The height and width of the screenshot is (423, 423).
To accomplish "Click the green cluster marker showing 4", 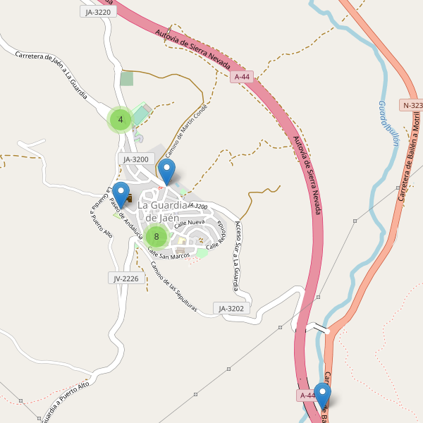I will point(121,120).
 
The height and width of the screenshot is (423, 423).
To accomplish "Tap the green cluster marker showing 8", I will point(157,236).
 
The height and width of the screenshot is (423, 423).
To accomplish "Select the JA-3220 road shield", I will point(97,12).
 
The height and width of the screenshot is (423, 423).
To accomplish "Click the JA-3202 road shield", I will point(231,308).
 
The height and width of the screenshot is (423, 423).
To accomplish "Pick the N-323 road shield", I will point(412,105).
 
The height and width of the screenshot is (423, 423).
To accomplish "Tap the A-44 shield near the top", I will point(241,76).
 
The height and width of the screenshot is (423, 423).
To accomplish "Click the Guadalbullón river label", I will point(388,123).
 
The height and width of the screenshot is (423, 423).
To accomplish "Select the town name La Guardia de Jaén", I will point(163,211).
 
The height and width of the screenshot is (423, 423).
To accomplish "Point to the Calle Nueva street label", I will point(190,223).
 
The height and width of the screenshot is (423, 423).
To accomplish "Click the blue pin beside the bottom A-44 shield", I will point(322,396).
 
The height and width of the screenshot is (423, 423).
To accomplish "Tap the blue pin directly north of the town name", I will point(166,172).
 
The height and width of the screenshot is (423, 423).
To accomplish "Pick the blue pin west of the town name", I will point(121,195).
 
